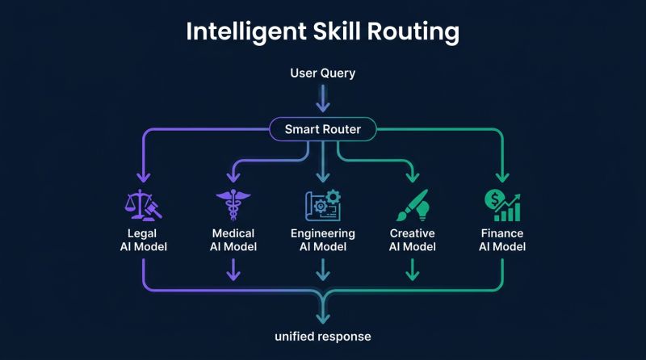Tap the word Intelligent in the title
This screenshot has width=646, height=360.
[x=237, y=32]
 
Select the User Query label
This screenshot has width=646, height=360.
[x=323, y=73]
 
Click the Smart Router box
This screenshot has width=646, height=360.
[x=323, y=129]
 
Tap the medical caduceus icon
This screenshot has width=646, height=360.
[x=233, y=206]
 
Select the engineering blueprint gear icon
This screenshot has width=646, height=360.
[x=323, y=206]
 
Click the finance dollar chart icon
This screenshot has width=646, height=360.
[x=502, y=206]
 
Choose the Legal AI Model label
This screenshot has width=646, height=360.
[x=143, y=240]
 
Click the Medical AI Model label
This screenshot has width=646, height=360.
[x=233, y=240]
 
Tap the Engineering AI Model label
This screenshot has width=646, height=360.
[x=323, y=240]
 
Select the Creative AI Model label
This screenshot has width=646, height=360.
[x=412, y=240]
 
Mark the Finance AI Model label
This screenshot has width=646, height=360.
[x=502, y=240]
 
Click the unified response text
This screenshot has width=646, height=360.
[x=323, y=335]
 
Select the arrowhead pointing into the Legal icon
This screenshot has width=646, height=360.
[x=143, y=177]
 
